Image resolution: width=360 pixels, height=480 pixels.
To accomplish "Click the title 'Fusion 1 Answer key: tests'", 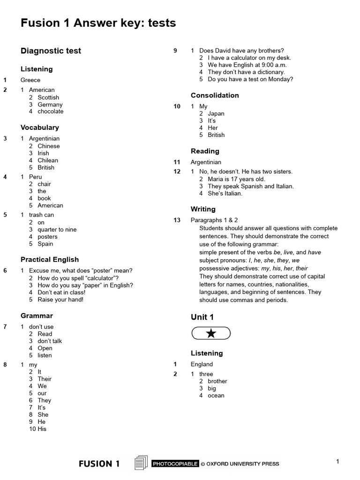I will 98,22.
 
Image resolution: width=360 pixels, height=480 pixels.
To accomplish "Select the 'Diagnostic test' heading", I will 51,51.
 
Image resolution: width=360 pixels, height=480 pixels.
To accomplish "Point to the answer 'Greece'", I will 30,80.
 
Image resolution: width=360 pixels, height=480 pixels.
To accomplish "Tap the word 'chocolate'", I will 51,112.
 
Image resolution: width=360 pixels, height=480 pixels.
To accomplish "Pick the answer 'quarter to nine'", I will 57,230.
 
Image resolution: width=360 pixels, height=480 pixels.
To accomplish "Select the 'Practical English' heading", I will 50,260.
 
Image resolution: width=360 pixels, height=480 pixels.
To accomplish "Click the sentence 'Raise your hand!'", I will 60,300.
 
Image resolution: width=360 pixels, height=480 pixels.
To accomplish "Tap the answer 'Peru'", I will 36,177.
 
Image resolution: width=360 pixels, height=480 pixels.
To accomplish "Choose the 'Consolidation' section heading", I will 215,95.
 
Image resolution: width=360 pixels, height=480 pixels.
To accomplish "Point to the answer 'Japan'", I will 216,113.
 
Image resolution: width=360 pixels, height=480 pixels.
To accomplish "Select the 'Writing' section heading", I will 203,209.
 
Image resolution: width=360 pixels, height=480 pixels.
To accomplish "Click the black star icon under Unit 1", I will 211,333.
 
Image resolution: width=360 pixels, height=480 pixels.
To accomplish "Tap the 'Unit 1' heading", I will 202,317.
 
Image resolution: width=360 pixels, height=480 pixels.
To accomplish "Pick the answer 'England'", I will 202,364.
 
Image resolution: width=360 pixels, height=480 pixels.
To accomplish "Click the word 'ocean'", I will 216,396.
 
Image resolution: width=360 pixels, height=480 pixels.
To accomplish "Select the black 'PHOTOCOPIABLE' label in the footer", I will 175,464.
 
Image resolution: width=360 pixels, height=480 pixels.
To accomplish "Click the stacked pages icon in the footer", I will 141,463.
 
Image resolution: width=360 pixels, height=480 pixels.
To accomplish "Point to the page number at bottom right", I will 337,462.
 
